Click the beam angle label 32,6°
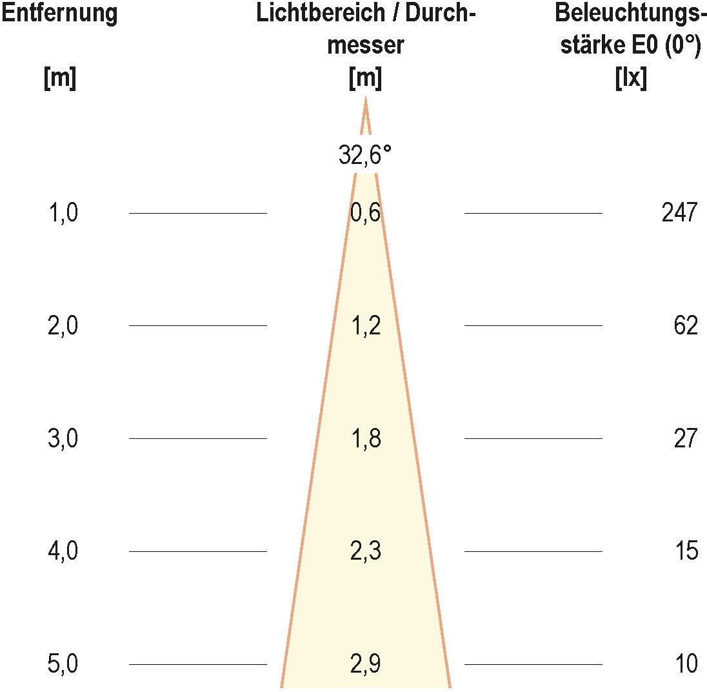click(x=365, y=156)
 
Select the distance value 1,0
click(x=63, y=212)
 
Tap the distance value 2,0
click(x=63, y=325)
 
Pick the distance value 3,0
click(x=63, y=438)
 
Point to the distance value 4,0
click(x=63, y=551)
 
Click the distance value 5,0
click(x=63, y=664)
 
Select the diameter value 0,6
click(x=365, y=212)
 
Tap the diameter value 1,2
click(x=365, y=325)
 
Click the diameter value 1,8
click(x=365, y=438)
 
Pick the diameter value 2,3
click(x=365, y=551)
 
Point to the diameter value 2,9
click(x=365, y=664)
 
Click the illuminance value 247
click(x=679, y=212)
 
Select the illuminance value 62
click(x=686, y=325)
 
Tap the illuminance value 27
click(x=686, y=438)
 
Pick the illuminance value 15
click(x=686, y=551)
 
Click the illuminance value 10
click(x=686, y=664)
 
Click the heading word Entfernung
click(x=59, y=14)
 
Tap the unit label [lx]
click(x=631, y=79)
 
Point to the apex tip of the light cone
click(x=366, y=99)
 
